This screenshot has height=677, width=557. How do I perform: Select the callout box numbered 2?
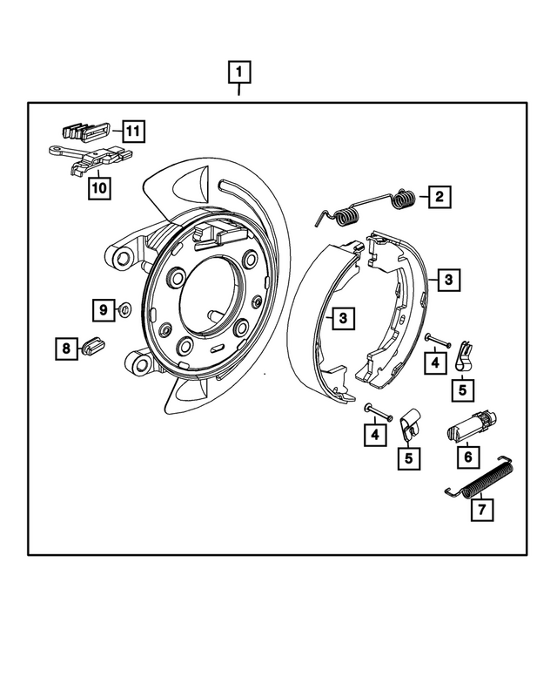point(439,197)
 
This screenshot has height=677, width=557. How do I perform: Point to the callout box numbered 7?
point(482,510)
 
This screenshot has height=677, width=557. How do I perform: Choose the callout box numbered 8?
point(65,349)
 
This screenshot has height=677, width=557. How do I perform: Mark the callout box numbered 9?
point(102,309)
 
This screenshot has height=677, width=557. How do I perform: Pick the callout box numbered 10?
point(98,187)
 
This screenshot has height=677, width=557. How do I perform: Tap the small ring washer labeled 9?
point(123,308)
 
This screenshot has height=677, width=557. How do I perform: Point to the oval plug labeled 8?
point(92,347)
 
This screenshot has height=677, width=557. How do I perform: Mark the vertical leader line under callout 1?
point(240,92)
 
